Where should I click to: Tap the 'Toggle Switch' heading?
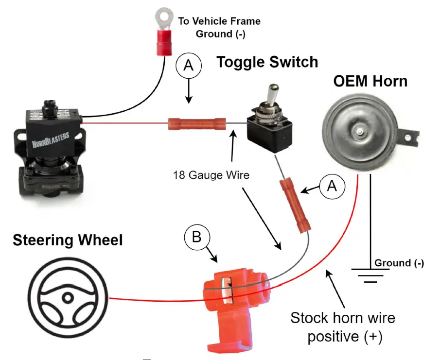pyautogui.click(x=267, y=62)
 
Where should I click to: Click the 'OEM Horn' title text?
pyautogui.click(x=370, y=81)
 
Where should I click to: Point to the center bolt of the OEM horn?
pyautogui.click(x=359, y=131)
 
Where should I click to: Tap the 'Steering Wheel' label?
pyautogui.click(x=68, y=240)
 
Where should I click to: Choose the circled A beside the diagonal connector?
pyautogui.click(x=332, y=187)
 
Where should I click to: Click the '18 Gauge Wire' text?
pyautogui.click(x=211, y=175)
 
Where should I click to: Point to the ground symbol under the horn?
pyautogui.click(x=371, y=274)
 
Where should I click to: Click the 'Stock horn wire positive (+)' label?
pyautogui.click(x=342, y=327)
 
